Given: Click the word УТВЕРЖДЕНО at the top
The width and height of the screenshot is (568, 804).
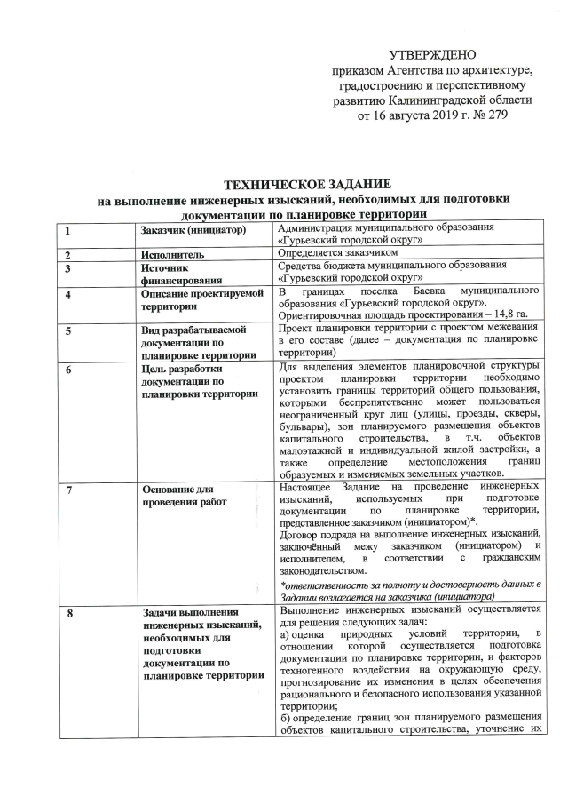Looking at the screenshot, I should pyautogui.click(x=432, y=55).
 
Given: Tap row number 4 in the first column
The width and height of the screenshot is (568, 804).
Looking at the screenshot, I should pyautogui.click(x=66, y=294).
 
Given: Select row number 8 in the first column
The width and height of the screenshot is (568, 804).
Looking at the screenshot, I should pyautogui.click(x=66, y=612).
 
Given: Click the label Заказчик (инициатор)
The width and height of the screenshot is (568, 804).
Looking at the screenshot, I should pyautogui.click(x=192, y=231).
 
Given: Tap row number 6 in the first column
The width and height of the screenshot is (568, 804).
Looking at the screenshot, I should pyautogui.click(x=66, y=369).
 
